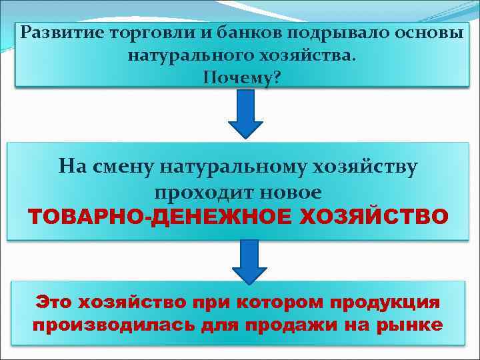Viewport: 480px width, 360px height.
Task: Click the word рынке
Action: (407, 325)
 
